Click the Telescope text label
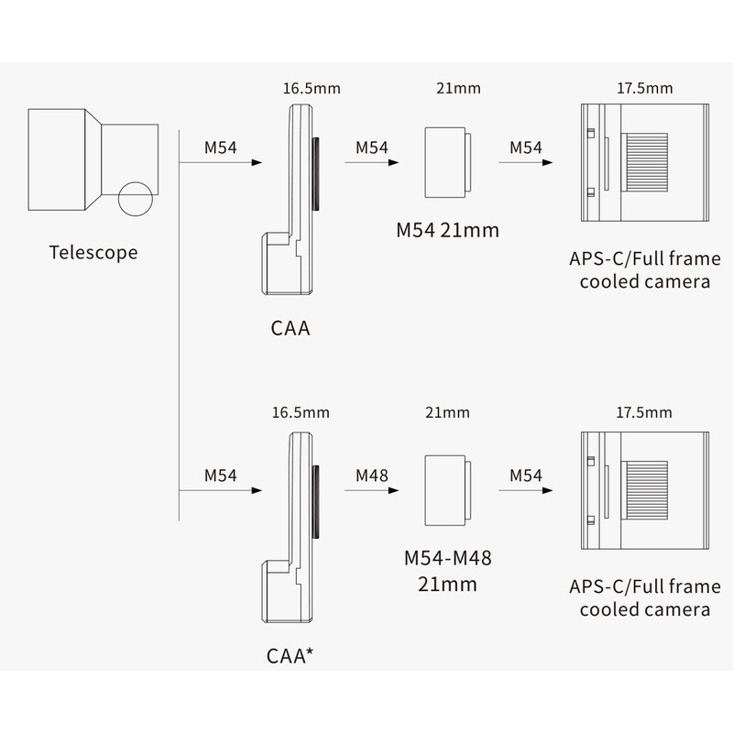click(x=93, y=251)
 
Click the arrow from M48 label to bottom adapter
click(x=371, y=491)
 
